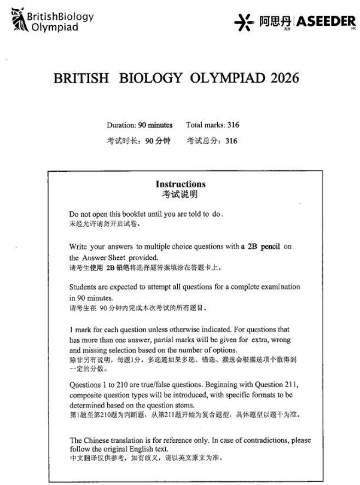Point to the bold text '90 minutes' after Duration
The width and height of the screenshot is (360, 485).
point(155,125)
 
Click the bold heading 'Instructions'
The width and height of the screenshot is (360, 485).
point(180,184)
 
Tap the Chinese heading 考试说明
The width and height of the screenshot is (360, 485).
point(180,194)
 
